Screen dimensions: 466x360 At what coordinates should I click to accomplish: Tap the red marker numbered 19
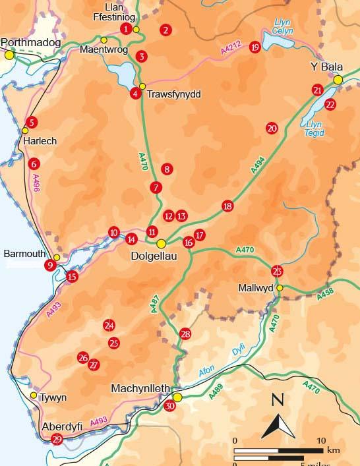255,47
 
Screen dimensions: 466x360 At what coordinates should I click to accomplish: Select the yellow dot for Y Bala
338,80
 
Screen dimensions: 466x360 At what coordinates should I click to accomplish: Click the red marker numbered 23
277,271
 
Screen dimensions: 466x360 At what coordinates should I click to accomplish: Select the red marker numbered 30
170,407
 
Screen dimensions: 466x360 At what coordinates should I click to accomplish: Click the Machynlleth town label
144,388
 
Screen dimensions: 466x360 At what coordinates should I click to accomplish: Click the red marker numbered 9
49,266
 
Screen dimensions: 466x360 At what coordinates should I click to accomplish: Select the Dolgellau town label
161,256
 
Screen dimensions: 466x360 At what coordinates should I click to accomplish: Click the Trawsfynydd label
173,94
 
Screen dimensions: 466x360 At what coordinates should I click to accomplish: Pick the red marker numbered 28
185,335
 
